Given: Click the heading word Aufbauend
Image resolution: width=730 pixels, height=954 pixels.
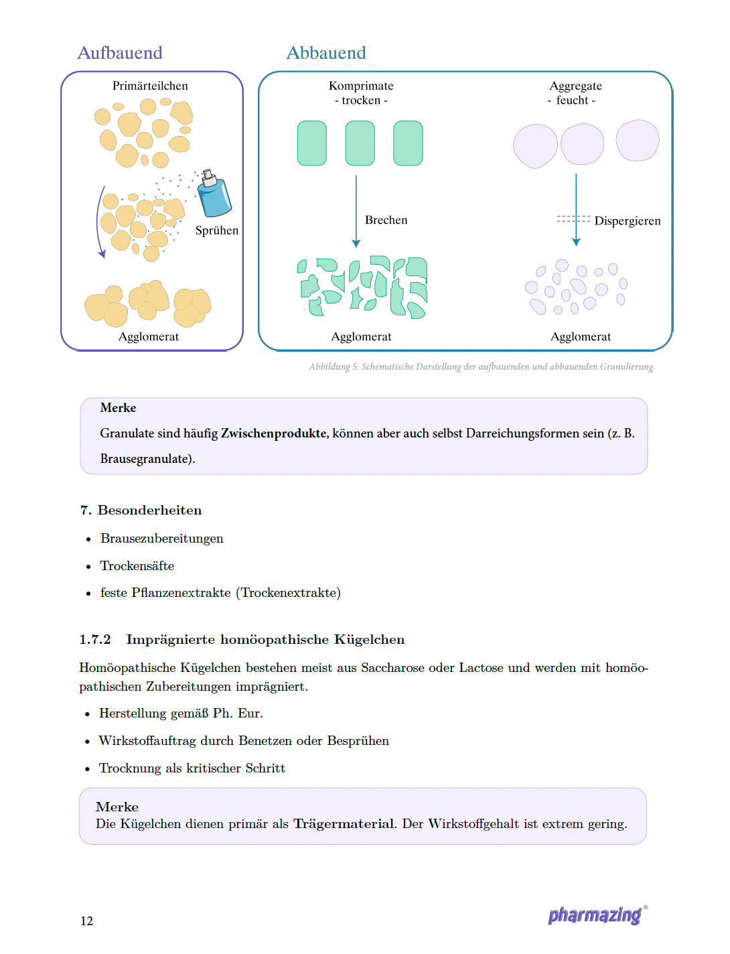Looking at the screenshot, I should tap(120, 53).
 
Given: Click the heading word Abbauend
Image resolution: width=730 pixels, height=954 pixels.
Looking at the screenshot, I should tap(326, 53).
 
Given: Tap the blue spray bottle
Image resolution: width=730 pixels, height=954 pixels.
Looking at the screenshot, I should tap(214, 196).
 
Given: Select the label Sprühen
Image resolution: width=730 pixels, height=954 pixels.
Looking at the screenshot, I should tap(216, 230).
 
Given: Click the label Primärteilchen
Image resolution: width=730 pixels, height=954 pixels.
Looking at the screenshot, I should tap(150, 86).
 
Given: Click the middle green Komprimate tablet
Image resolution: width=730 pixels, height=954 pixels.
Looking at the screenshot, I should tap(360, 143).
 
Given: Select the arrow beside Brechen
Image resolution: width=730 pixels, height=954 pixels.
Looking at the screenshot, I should tap(356, 212).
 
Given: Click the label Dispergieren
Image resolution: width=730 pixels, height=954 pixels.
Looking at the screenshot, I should tap(627, 221).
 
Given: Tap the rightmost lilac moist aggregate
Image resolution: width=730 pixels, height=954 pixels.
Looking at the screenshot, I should tap(637, 141).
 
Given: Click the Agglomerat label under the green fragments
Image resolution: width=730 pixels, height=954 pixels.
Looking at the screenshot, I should tap(361, 337).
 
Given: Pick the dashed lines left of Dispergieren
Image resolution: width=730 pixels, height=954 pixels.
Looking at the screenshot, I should tap(573, 219).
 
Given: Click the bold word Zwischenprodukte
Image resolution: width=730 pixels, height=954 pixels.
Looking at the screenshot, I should tap(274, 433).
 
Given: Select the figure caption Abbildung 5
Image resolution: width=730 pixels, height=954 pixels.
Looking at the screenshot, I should tap(482, 366).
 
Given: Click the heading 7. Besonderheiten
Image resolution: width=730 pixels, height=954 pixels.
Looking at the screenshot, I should tap(141, 510).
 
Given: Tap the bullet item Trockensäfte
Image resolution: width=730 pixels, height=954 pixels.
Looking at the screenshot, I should tap(137, 566).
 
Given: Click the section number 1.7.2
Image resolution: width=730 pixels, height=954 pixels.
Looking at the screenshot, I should tap(95, 640).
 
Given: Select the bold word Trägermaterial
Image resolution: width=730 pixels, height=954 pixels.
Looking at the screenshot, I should tap(344, 824).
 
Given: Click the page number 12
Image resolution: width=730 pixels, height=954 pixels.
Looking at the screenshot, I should tap(87, 921).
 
